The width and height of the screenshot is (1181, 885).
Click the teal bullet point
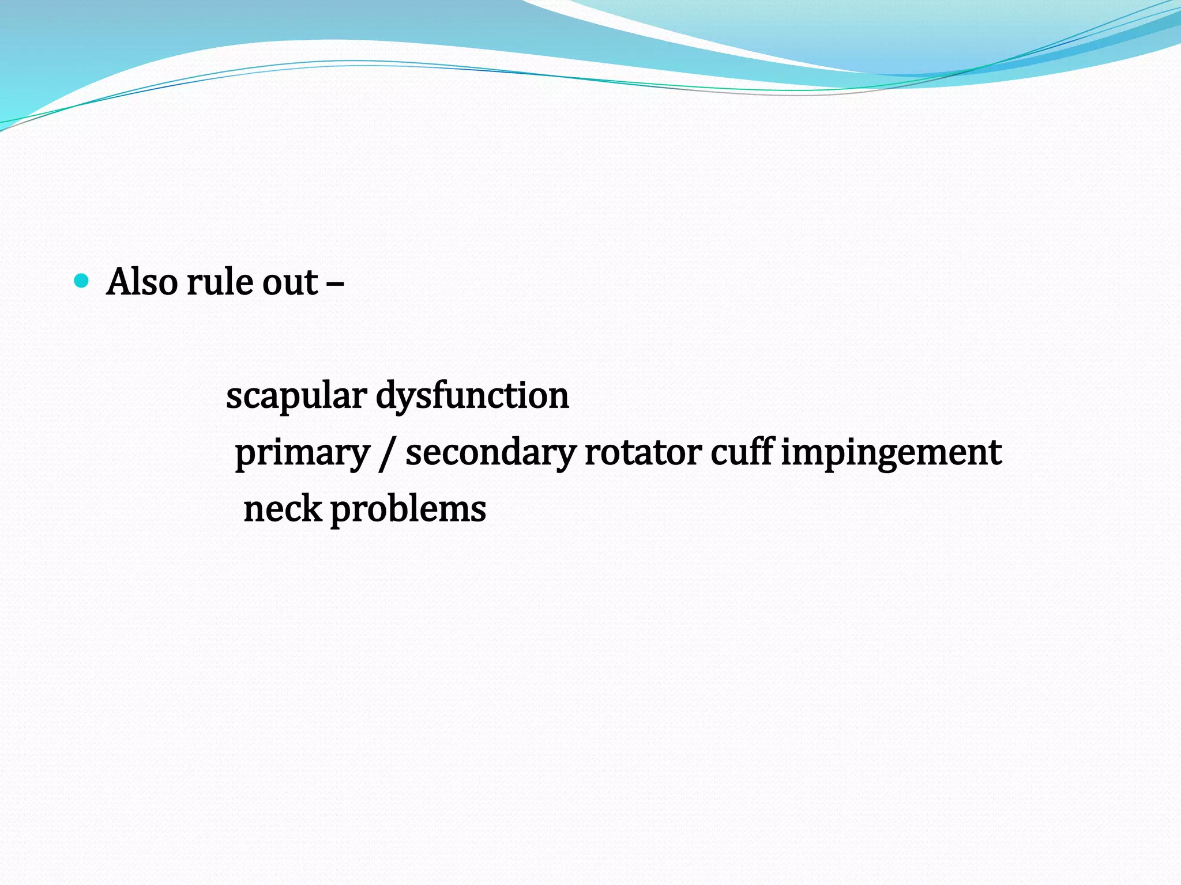[x=82, y=281]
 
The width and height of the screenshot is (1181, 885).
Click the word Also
[x=142, y=282]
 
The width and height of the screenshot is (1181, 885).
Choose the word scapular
[x=296, y=397]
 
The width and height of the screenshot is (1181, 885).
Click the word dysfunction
[x=472, y=397]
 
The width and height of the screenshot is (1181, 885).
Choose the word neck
[x=283, y=509]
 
